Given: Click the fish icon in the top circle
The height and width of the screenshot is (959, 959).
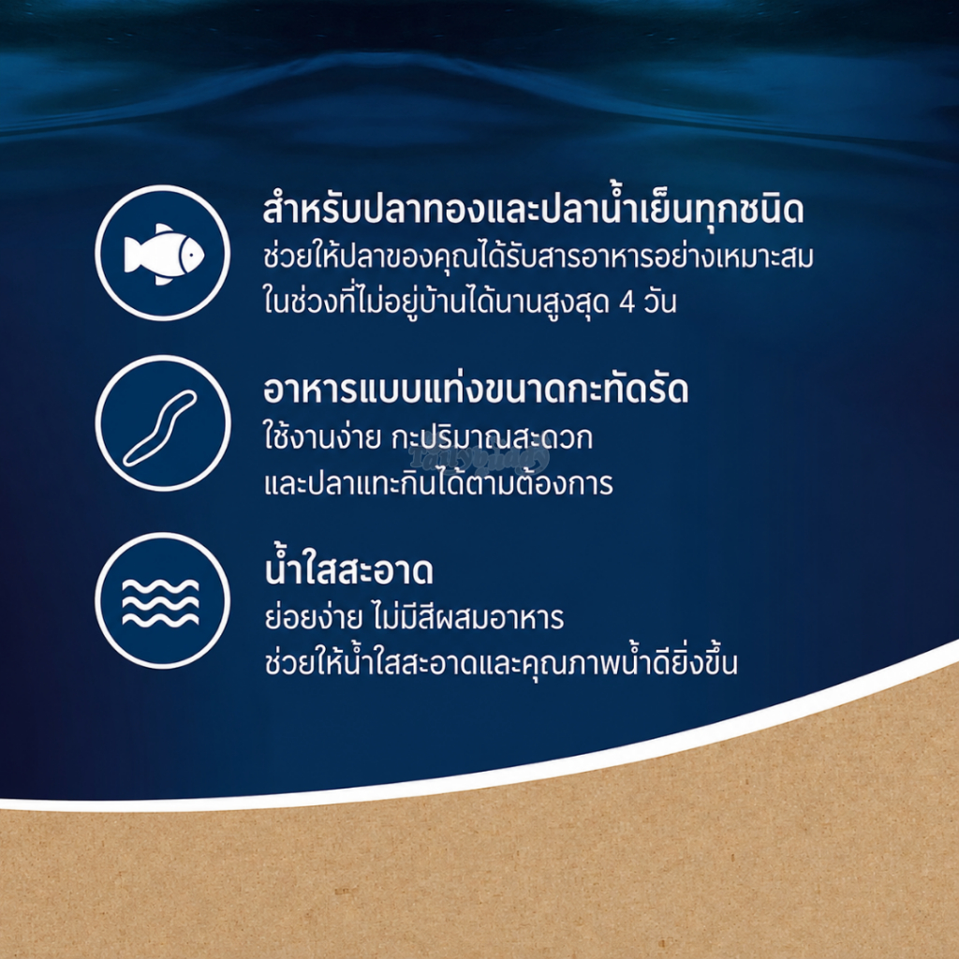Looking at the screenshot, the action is pos(163,254).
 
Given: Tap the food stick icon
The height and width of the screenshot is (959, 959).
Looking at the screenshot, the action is pos(160,428).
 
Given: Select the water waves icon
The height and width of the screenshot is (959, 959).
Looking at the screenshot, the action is pos(160,602).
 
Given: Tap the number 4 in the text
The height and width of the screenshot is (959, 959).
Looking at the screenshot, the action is pos(627,303).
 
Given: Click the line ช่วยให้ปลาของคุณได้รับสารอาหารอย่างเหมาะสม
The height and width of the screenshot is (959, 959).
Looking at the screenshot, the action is pos(539,256).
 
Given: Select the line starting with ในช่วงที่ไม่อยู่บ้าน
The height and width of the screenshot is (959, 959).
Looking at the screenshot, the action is pos(470,301).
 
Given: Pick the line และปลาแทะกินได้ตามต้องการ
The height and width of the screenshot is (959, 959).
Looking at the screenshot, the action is pos(438,483).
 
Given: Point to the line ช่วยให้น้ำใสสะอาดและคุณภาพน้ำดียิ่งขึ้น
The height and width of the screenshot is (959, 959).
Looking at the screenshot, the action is pos(501,661).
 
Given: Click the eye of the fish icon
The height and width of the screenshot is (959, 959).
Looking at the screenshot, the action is pos(190,252).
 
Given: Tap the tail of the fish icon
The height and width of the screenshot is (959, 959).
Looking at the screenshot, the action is pos(133,254).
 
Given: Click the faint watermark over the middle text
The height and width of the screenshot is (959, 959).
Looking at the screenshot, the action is pos(479,458).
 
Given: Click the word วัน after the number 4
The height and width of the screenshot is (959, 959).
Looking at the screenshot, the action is pos(660,302).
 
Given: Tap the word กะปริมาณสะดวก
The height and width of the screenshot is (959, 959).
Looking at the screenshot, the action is pos(493,438).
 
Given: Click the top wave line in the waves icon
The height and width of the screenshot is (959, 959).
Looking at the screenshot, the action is pos(160,586).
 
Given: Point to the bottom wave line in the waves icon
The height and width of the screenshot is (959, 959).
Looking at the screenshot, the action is pos(160,620).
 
